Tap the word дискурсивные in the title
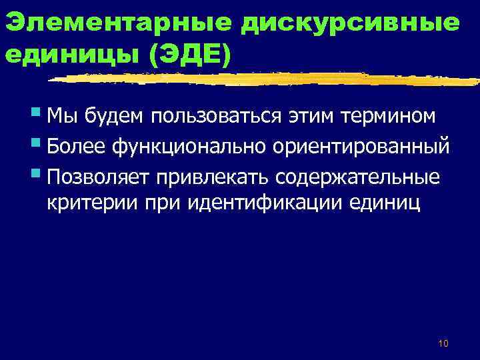(351, 22)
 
